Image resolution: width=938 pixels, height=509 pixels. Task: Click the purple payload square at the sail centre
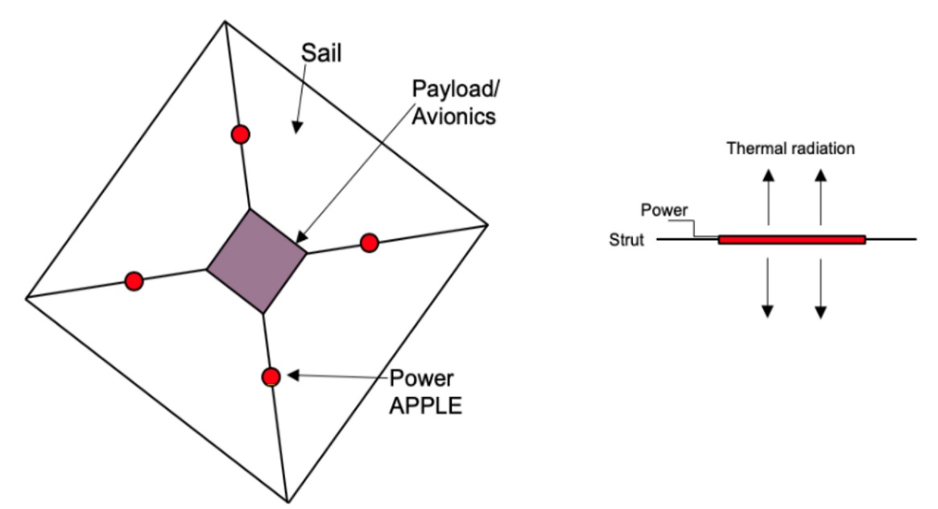click(257, 260)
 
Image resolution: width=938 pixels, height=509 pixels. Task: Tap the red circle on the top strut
click(239, 134)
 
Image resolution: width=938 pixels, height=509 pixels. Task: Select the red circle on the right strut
click(369, 242)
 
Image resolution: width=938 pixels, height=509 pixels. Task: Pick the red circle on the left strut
click(134, 281)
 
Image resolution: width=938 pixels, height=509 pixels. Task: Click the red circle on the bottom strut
click(271, 376)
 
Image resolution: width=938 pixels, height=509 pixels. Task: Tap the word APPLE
click(426, 405)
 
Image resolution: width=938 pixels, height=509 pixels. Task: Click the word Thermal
click(755, 148)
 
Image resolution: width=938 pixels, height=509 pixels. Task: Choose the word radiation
click(820, 148)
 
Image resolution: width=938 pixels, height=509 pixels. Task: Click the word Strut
click(628, 240)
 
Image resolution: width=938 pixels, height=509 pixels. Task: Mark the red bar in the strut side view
click(791, 239)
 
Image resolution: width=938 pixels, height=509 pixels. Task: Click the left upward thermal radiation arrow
click(767, 197)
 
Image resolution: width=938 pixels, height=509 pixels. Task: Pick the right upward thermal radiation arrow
click(820, 197)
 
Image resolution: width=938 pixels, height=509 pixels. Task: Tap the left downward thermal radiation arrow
click(767, 286)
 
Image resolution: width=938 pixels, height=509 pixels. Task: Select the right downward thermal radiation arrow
click(820, 286)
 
